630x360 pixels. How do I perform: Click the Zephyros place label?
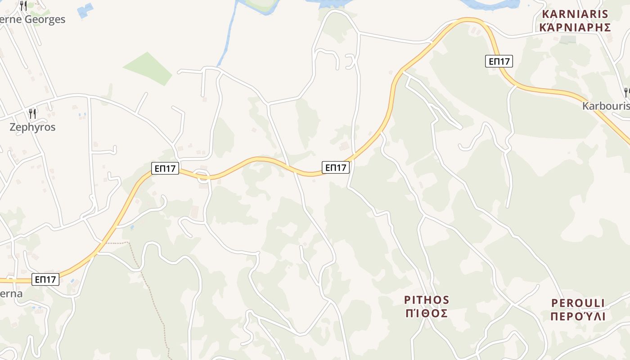[x=32, y=127]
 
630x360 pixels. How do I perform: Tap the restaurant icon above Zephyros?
[x=32, y=113]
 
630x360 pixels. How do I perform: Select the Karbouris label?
[x=606, y=106]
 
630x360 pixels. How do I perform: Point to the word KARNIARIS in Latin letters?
[x=575, y=14]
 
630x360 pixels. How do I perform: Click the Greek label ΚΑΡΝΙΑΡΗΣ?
[x=575, y=27]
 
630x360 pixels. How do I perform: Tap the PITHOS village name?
[x=427, y=300]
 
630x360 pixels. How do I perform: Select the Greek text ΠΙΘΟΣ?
[x=427, y=313]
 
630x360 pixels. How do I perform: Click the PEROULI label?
[x=578, y=303]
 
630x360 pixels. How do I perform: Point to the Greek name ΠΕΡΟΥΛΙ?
[x=578, y=316]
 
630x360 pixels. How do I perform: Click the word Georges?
[x=45, y=19]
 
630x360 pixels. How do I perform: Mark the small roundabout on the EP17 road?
[x=203, y=175]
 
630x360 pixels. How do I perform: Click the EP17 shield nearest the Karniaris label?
[x=499, y=61]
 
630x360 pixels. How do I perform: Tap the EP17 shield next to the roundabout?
[x=165, y=169]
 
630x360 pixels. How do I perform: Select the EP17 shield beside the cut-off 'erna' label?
[x=46, y=279]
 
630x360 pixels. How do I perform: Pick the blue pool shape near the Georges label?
[x=85, y=10]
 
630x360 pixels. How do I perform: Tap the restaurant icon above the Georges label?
[x=23, y=5]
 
